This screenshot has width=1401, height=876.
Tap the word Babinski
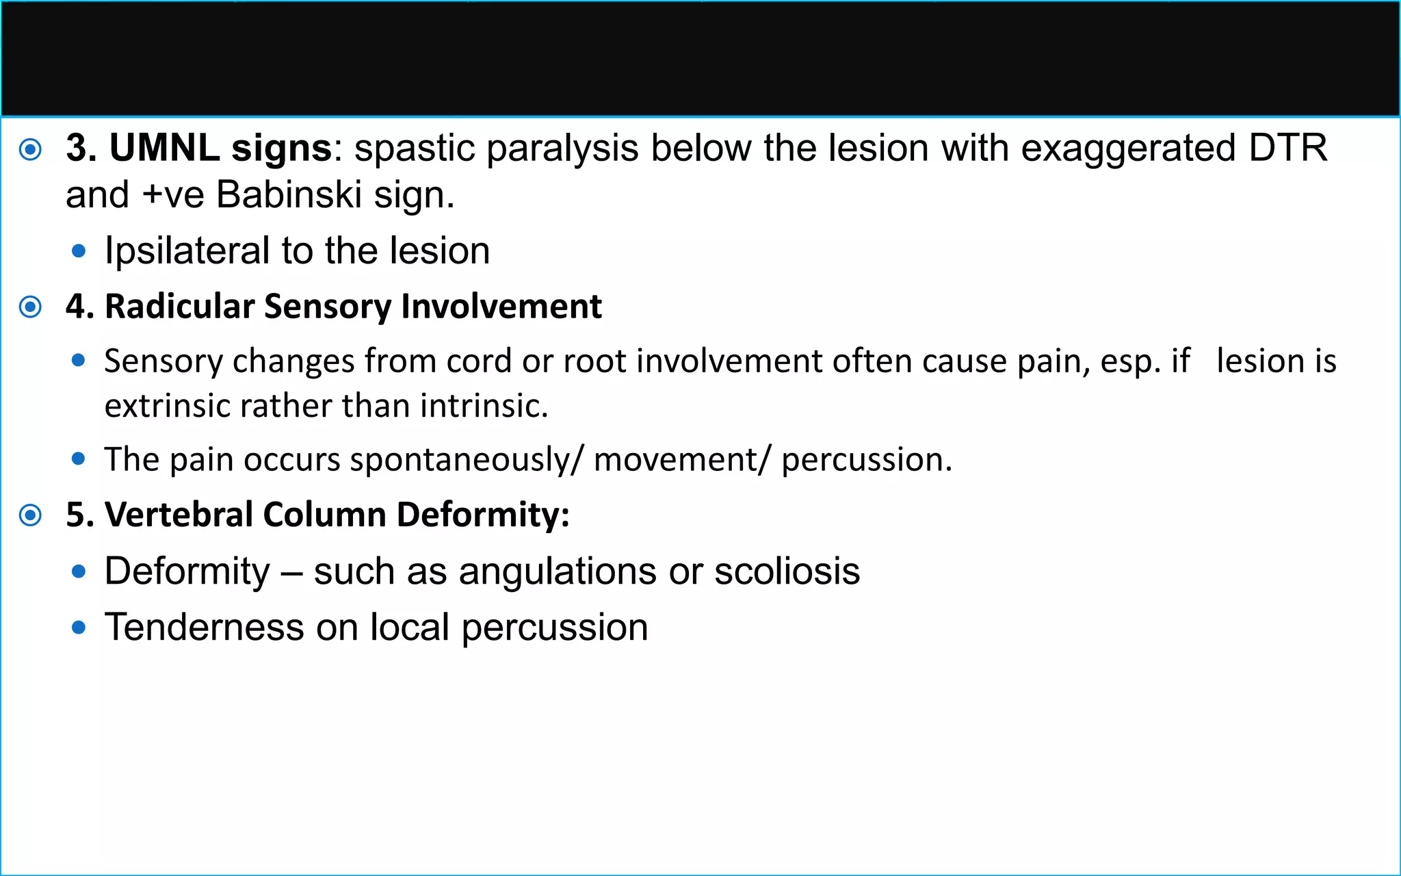pyautogui.click(x=289, y=195)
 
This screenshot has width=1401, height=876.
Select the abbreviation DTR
pyautogui.click(x=1287, y=148)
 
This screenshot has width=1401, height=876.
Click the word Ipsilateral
pyautogui.click(x=187, y=251)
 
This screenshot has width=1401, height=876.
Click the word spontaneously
pyautogui.click(x=460, y=459)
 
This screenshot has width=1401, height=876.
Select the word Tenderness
pyautogui.click(x=204, y=628)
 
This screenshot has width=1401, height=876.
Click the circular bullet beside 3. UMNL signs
pyautogui.click(x=31, y=149)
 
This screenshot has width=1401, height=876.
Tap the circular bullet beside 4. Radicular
pyautogui.click(x=31, y=307)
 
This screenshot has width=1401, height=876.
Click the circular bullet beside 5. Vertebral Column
pyautogui.click(x=31, y=515)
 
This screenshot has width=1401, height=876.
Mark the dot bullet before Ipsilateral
pyautogui.click(x=79, y=252)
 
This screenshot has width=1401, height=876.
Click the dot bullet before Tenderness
pyautogui.click(x=79, y=627)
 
